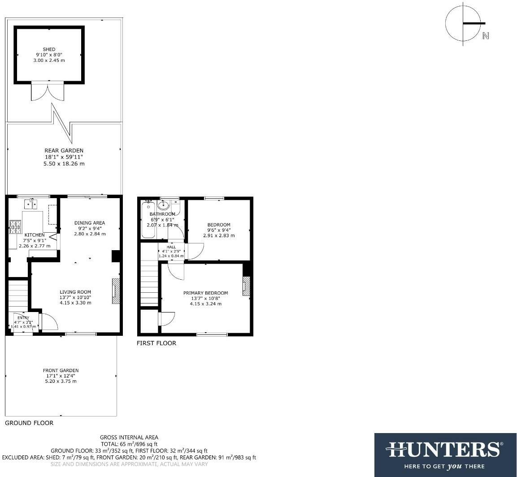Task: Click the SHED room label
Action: coord(49,49)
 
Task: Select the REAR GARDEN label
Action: coord(64,151)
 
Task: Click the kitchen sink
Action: coord(31,204)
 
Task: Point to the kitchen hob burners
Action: coord(15,226)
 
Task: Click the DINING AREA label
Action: coord(90,223)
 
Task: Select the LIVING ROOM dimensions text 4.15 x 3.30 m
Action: coord(75,303)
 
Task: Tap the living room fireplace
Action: coord(116,291)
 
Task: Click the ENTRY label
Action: coord(23,318)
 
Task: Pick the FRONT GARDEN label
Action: coord(61,371)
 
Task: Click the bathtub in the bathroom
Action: coord(148,220)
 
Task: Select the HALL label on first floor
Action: coord(171,247)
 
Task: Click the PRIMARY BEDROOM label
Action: coord(205,293)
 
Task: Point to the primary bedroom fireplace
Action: coord(246,286)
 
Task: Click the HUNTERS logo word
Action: coord(443,449)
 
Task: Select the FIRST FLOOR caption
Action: coord(156,343)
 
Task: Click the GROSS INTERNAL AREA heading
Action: coord(129,438)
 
